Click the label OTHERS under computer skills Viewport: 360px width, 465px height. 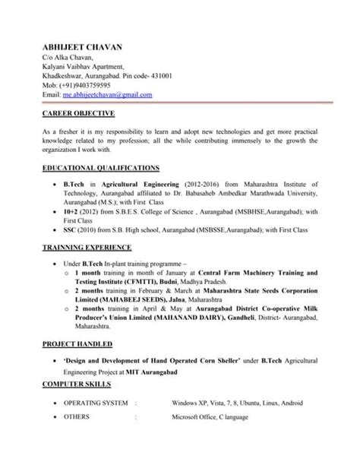click(77, 416)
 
